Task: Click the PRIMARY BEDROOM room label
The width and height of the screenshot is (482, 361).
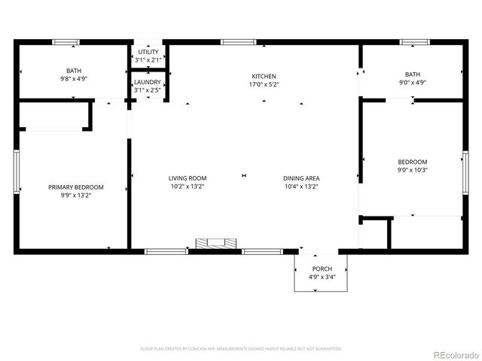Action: point(76,187)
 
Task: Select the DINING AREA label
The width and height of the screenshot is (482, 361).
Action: point(301,178)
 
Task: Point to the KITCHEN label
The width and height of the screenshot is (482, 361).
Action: point(264,76)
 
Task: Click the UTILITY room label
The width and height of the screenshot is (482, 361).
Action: point(148,51)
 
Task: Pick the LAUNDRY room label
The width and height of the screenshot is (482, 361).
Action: point(148,81)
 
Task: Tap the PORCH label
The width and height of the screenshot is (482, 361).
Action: point(322,268)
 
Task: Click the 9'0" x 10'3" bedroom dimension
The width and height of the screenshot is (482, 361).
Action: point(413,171)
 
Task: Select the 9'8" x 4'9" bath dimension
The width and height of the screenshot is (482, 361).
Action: point(73,77)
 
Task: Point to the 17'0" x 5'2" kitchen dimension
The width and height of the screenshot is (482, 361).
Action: point(264,84)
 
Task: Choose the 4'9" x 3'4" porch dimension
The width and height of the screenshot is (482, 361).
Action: point(322,277)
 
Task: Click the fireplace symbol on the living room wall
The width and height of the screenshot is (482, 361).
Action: point(215,244)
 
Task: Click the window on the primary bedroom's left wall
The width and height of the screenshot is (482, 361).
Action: point(16,173)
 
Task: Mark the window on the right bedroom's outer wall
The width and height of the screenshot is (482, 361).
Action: point(465,173)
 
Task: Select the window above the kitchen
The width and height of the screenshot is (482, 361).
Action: point(238,42)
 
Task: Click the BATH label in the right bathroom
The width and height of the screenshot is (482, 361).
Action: point(413,74)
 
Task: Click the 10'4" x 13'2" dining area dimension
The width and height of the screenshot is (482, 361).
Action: point(301,187)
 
